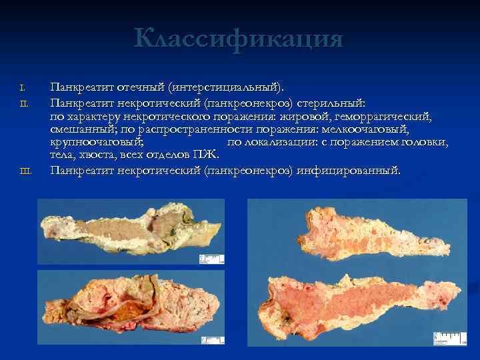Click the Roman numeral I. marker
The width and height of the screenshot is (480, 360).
23,87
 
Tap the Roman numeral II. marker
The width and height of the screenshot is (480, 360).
23,102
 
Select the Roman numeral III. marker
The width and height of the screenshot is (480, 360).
25,172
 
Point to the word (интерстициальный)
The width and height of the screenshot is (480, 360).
227,87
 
